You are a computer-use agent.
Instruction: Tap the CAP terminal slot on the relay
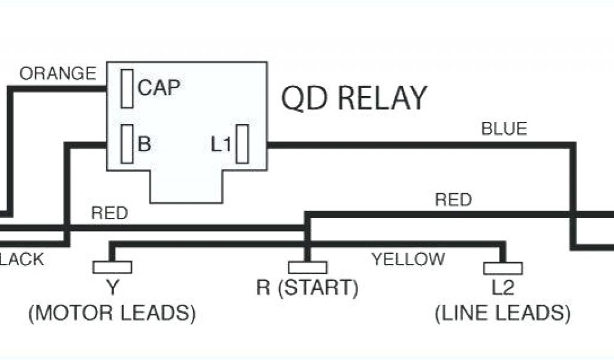click(127, 88)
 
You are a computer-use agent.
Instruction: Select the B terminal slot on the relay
click(127, 143)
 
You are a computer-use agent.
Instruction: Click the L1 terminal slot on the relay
click(242, 144)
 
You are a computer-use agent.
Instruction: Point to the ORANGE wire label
click(58, 74)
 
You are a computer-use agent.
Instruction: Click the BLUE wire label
click(504, 129)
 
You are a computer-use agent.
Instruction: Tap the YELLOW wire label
click(408, 259)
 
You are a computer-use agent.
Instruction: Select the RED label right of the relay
click(453, 200)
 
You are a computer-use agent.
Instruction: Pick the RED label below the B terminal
click(109, 213)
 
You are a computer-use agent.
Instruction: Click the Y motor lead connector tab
click(112, 267)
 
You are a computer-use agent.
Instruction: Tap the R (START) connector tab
click(308, 267)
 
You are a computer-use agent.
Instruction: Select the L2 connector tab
click(502, 268)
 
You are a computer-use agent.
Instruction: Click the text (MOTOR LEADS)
click(112, 313)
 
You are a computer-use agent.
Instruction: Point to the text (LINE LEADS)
click(502, 313)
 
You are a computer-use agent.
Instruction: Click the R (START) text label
click(307, 289)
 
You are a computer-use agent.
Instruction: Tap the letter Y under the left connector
click(112, 289)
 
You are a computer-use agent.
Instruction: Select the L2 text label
click(502, 289)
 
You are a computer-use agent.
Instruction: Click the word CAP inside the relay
click(159, 88)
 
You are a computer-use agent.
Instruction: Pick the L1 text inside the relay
click(221, 145)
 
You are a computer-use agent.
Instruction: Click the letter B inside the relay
click(145, 144)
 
